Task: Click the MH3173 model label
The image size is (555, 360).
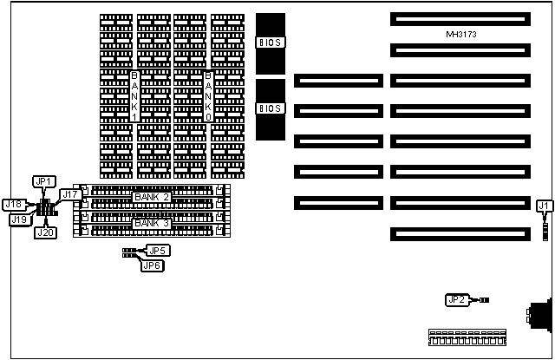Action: click(461, 34)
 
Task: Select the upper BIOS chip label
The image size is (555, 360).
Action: click(271, 42)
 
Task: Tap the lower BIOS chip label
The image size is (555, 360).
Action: click(271, 108)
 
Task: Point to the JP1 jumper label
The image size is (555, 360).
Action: click(44, 181)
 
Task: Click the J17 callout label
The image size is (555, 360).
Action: click(69, 194)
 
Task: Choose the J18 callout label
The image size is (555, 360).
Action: click(14, 205)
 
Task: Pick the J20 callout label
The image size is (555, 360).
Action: click(45, 232)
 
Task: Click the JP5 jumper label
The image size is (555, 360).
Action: click(158, 251)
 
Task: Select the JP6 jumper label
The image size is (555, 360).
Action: click(153, 265)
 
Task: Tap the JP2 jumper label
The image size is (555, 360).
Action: click(457, 300)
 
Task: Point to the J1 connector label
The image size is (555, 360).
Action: click(544, 206)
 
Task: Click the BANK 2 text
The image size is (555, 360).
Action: click(152, 198)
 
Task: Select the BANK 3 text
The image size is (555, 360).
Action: click(152, 222)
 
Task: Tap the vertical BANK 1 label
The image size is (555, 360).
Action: click(134, 96)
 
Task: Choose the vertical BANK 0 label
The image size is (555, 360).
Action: click(208, 96)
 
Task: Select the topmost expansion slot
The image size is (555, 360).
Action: click(459, 18)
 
